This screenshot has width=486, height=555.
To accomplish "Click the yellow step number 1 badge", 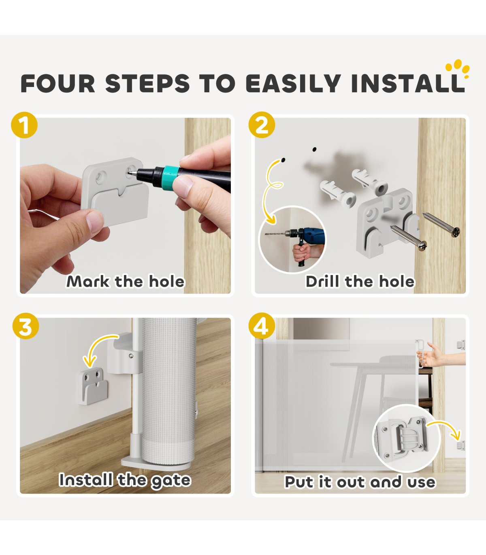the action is point(24,125).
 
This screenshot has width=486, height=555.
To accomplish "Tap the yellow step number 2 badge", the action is point(262,125).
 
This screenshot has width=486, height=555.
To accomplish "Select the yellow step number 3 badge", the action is point(26,326).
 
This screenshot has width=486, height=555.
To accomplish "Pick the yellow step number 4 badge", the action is point(262,326).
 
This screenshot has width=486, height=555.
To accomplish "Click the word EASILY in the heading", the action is point(293,83).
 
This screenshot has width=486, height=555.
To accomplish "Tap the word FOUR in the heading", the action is point(58,83).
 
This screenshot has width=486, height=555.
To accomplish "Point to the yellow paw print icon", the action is point(458,68).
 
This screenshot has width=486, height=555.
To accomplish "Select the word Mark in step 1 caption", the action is point(88,281).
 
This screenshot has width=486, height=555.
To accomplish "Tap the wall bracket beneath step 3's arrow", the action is point(93,386).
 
